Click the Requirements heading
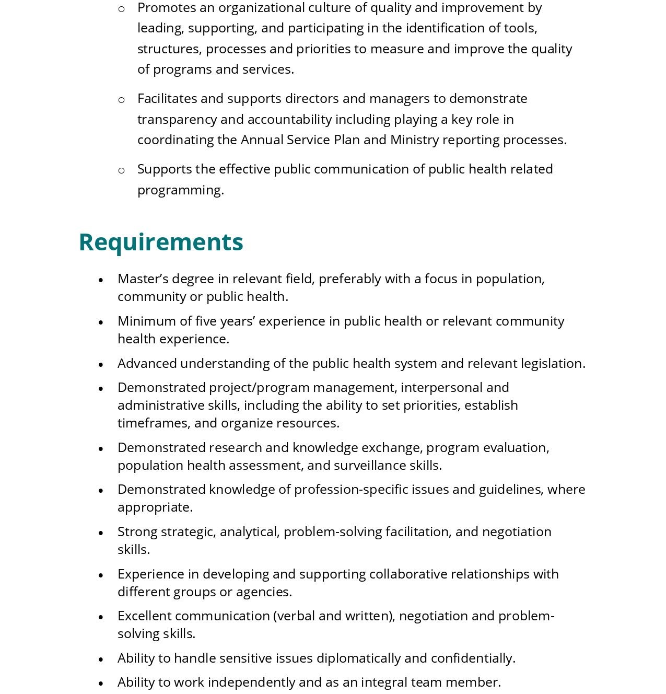click(161, 242)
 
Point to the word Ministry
click(414, 140)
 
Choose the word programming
click(180, 190)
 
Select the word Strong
click(137, 531)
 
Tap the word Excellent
click(145, 616)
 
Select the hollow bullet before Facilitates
click(122, 100)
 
